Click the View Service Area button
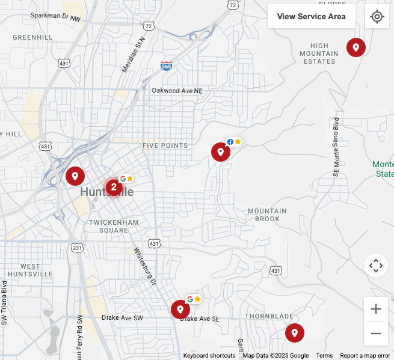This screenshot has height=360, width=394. [312, 16]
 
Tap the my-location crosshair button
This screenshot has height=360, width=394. [377, 16]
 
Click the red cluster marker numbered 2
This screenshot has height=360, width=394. [114, 187]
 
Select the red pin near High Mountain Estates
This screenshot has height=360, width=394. [356, 47]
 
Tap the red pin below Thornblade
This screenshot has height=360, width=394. [294, 332]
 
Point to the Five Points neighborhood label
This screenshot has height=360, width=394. [165, 145]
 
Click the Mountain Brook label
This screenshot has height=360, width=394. [267, 215]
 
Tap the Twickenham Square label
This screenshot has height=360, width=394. [114, 226]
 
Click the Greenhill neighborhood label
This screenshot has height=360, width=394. [34, 37]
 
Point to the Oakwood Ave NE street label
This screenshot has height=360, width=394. [177, 90]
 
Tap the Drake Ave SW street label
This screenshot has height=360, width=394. [122, 317]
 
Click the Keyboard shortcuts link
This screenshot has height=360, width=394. [209, 355]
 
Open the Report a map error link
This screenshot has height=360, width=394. [365, 355]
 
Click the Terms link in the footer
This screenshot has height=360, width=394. [324, 355]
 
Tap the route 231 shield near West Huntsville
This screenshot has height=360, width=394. [77, 247]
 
